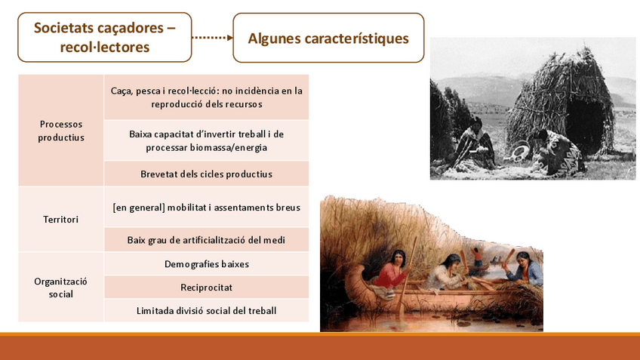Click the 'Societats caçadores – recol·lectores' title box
[104, 37]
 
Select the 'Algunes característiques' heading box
[328, 38]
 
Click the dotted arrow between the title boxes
[212, 38]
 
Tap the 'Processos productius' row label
[61, 131]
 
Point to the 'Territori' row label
[61, 219]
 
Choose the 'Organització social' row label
[61, 288]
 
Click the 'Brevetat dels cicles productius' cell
[207, 174]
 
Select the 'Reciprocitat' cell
[207, 288]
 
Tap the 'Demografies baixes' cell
[207, 264]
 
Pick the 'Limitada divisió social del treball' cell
[207, 311]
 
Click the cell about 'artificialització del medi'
[207, 239]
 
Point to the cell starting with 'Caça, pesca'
[207, 97]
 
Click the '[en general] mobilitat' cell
[207, 208]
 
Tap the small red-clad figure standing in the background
[477, 257]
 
